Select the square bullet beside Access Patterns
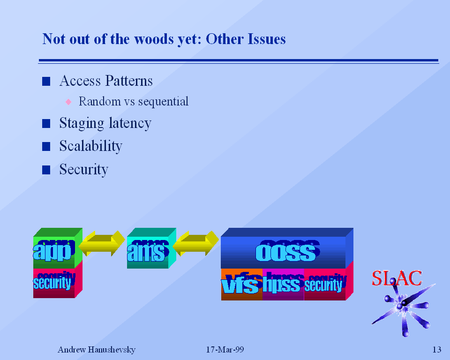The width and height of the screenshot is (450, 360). [x=46, y=82]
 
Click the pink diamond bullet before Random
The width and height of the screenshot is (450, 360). [x=68, y=101]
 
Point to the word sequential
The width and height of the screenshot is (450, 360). [x=163, y=101]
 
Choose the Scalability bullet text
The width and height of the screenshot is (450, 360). [x=90, y=146]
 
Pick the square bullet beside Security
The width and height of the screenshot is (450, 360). [x=46, y=170]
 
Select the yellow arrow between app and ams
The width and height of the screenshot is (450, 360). [x=102, y=244]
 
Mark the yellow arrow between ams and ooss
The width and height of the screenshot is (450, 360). [x=196, y=244]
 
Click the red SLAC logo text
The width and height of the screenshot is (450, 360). [x=397, y=278]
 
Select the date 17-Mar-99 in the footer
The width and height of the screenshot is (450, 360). [x=225, y=350]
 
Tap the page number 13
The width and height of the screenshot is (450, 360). [x=436, y=350]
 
